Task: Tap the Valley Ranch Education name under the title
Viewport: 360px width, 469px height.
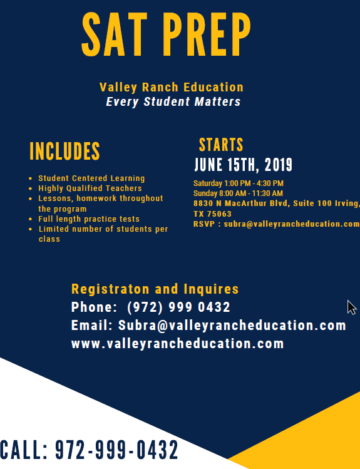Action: click(171, 87)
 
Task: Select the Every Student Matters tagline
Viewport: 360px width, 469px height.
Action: click(173, 101)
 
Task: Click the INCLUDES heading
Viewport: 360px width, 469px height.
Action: click(64, 151)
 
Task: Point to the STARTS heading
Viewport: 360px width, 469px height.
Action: click(221, 145)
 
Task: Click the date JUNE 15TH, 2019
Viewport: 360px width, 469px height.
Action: click(243, 165)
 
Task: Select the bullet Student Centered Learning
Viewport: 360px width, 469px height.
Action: click(91, 178)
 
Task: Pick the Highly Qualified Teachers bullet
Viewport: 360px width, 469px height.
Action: click(90, 188)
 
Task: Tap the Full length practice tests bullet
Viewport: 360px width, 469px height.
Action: click(89, 219)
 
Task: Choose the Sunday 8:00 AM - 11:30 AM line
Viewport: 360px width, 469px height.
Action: click(238, 193)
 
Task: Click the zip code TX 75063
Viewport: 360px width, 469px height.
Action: click(212, 214)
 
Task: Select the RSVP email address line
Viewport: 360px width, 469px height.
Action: click(276, 224)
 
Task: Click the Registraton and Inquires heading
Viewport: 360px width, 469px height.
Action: click(155, 289)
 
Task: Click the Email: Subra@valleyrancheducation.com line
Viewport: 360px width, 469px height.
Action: click(208, 326)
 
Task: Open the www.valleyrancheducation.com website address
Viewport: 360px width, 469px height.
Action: click(177, 344)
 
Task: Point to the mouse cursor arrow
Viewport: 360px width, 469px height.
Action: click(351, 307)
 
